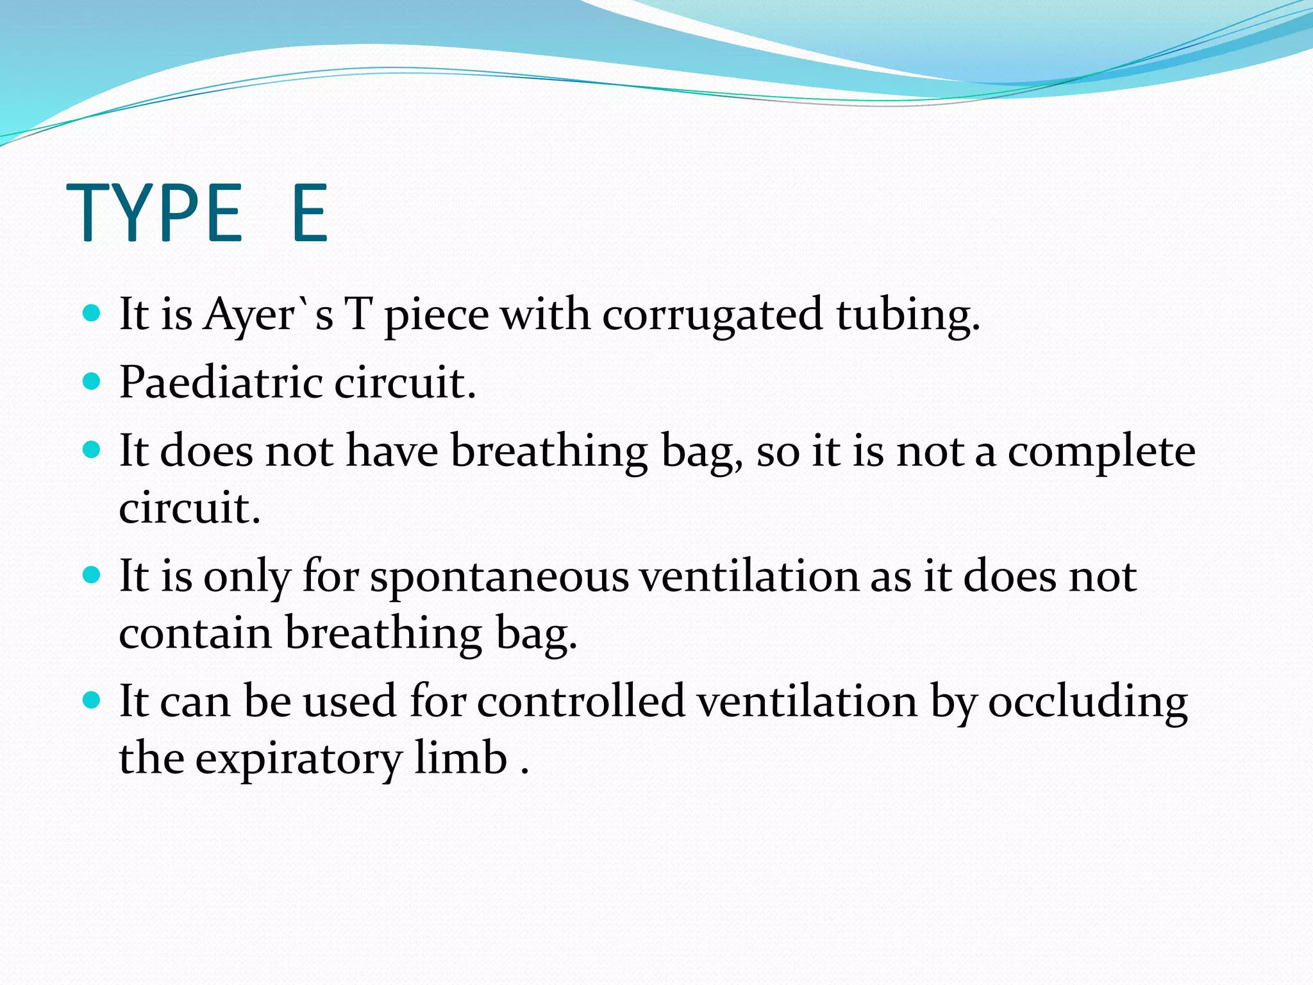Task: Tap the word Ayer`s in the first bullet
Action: click(268, 316)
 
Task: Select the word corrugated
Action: click(712, 316)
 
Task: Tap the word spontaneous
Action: click(499, 576)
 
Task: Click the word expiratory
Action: click(297, 759)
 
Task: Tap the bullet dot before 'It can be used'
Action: click(92, 699)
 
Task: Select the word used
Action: click(349, 701)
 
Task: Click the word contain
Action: click(196, 633)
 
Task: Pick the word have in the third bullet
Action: click(392, 451)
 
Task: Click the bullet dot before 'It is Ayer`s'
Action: click(92, 314)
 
